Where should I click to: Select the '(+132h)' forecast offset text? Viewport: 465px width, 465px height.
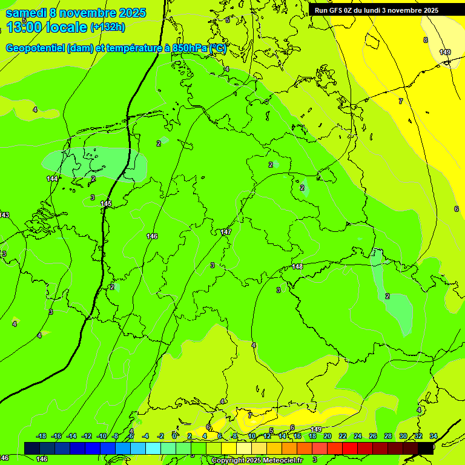click(x=108, y=27)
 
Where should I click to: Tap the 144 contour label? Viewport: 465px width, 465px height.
click(x=53, y=179)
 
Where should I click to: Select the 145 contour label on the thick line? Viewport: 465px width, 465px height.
click(x=106, y=203)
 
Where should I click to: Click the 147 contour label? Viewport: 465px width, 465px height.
click(x=226, y=232)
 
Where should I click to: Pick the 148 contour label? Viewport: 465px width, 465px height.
click(x=297, y=266)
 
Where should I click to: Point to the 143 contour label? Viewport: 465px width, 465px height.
click(x=4, y=215)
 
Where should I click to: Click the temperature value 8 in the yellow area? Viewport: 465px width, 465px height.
click(x=425, y=40)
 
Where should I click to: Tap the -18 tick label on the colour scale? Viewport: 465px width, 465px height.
click(x=41, y=436)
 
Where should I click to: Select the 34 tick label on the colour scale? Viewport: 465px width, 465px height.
click(x=433, y=436)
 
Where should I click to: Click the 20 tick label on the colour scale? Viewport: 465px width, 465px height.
click(x=328, y=436)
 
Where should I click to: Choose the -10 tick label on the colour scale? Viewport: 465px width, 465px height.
click(x=101, y=436)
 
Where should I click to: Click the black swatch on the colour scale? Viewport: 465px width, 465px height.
click(x=426, y=447)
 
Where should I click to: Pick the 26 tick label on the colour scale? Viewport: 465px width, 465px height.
click(x=372, y=436)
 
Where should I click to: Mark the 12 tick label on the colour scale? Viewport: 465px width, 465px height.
click(x=267, y=436)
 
